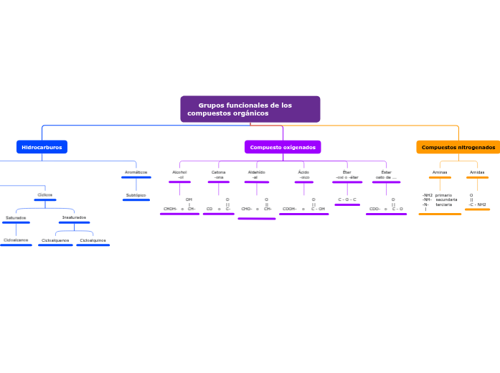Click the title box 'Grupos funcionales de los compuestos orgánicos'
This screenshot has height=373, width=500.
click(x=250, y=110)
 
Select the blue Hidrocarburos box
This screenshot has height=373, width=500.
click(x=42, y=147)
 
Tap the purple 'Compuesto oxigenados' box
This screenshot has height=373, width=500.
click(x=283, y=147)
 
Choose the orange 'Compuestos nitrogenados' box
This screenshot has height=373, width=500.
click(x=458, y=147)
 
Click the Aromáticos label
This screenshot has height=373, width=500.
click(x=136, y=172)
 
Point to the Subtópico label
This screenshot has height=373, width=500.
click(x=136, y=195)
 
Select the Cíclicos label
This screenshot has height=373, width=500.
click(x=44, y=195)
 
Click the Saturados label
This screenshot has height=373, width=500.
click(x=16, y=217)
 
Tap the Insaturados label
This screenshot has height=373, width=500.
click(x=74, y=217)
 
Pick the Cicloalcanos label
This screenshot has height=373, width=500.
click(x=16, y=240)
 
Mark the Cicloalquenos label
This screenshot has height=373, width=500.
click(x=55, y=240)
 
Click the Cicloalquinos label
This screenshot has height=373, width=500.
click(x=93, y=240)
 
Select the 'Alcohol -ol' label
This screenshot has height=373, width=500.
click(x=179, y=174)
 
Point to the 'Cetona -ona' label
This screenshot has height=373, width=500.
click(x=218, y=174)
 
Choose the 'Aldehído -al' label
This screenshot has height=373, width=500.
click(x=256, y=174)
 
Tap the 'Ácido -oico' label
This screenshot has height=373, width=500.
click(x=303, y=174)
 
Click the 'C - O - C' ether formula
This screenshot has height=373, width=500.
click(x=347, y=199)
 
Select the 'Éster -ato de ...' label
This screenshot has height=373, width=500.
click(x=386, y=174)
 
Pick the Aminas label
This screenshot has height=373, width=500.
click(x=440, y=172)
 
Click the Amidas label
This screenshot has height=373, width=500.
click(x=477, y=172)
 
